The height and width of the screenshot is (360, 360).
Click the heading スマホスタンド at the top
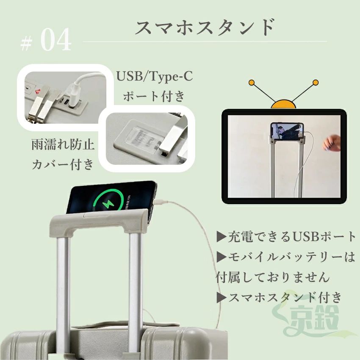(x=205, y=27)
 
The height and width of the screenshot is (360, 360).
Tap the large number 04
(x=56, y=40)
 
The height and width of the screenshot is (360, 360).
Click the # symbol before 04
(x=26, y=44)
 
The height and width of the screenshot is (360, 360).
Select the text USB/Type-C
(x=154, y=76)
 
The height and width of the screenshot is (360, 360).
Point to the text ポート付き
(x=154, y=96)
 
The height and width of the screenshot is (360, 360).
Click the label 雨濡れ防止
(x=63, y=145)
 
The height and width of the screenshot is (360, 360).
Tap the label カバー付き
(x=63, y=164)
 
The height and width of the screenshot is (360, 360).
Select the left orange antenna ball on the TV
(x=252, y=83)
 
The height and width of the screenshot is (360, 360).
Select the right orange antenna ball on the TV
(x=316, y=83)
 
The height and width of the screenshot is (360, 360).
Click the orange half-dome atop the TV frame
(x=283, y=105)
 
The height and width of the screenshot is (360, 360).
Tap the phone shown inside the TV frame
(x=287, y=131)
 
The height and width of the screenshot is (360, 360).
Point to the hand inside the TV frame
(x=332, y=143)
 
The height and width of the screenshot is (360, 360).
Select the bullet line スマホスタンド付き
(x=280, y=298)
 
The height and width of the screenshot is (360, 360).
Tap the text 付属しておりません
(x=273, y=277)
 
